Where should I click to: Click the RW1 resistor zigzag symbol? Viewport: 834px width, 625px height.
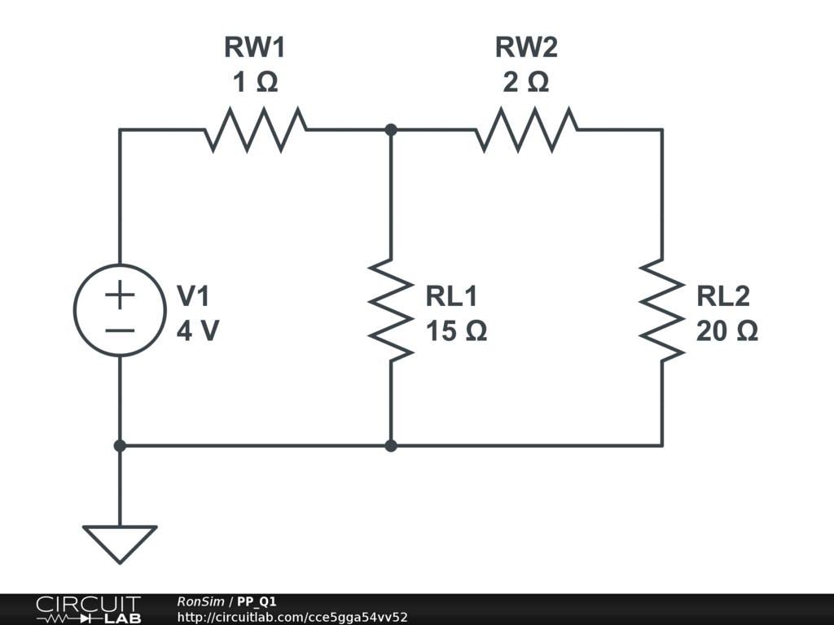pyautogui.click(x=256, y=129)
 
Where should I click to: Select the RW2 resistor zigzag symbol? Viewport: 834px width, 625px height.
pyautogui.click(x=527, y=129)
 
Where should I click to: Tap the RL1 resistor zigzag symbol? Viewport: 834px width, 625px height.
pyautogui.click(x=391, y=309)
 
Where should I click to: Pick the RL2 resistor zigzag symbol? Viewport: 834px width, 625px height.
pyautogui.click(x=661, y=309)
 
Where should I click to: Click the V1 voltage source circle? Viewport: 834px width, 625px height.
pyautogui.click(x=120, y=310)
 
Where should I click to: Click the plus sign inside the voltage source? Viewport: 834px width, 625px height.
pyautogui.click(x=120, y=295)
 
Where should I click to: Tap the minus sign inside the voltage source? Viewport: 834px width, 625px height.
pyautogui.click(x=120, y=330)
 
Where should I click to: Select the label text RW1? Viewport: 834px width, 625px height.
pyautogui.click(x=255, y=48)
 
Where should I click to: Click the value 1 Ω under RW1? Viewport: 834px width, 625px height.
pyautogui.click(x=255, y=82)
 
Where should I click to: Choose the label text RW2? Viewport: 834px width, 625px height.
pyautogui.click(x=526, y=48)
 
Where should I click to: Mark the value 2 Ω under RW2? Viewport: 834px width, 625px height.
pyautogui.click(x=526, y=82)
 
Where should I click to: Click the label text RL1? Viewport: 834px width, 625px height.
pyautogui.click(x=452, y=296)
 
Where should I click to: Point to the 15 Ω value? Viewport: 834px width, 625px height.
pyautogui.click(x=457, y=331)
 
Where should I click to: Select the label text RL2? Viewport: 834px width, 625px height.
pyautogui.click(x=723, y=296)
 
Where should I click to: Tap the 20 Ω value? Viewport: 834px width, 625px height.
pyautogui.click(x=727, y=331)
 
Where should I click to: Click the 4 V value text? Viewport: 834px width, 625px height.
pyautogui.click(x=197, y=331)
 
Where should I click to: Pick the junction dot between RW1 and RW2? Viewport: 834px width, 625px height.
pyautogui.click(x=391, y=129)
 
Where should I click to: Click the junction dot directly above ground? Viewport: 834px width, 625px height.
pyautogui.click(x=120, y=446)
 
